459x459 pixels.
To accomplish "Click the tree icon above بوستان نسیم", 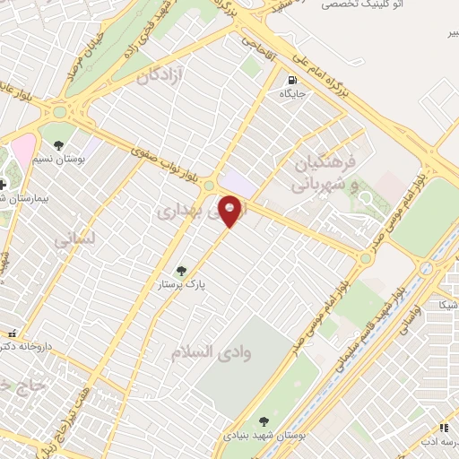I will pos(58,144).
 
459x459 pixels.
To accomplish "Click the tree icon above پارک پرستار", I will pos(182,270).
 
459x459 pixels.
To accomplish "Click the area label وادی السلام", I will pos(212,352).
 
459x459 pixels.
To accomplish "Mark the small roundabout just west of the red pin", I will pos(208,185).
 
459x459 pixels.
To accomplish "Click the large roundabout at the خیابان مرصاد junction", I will pos(62,113).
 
